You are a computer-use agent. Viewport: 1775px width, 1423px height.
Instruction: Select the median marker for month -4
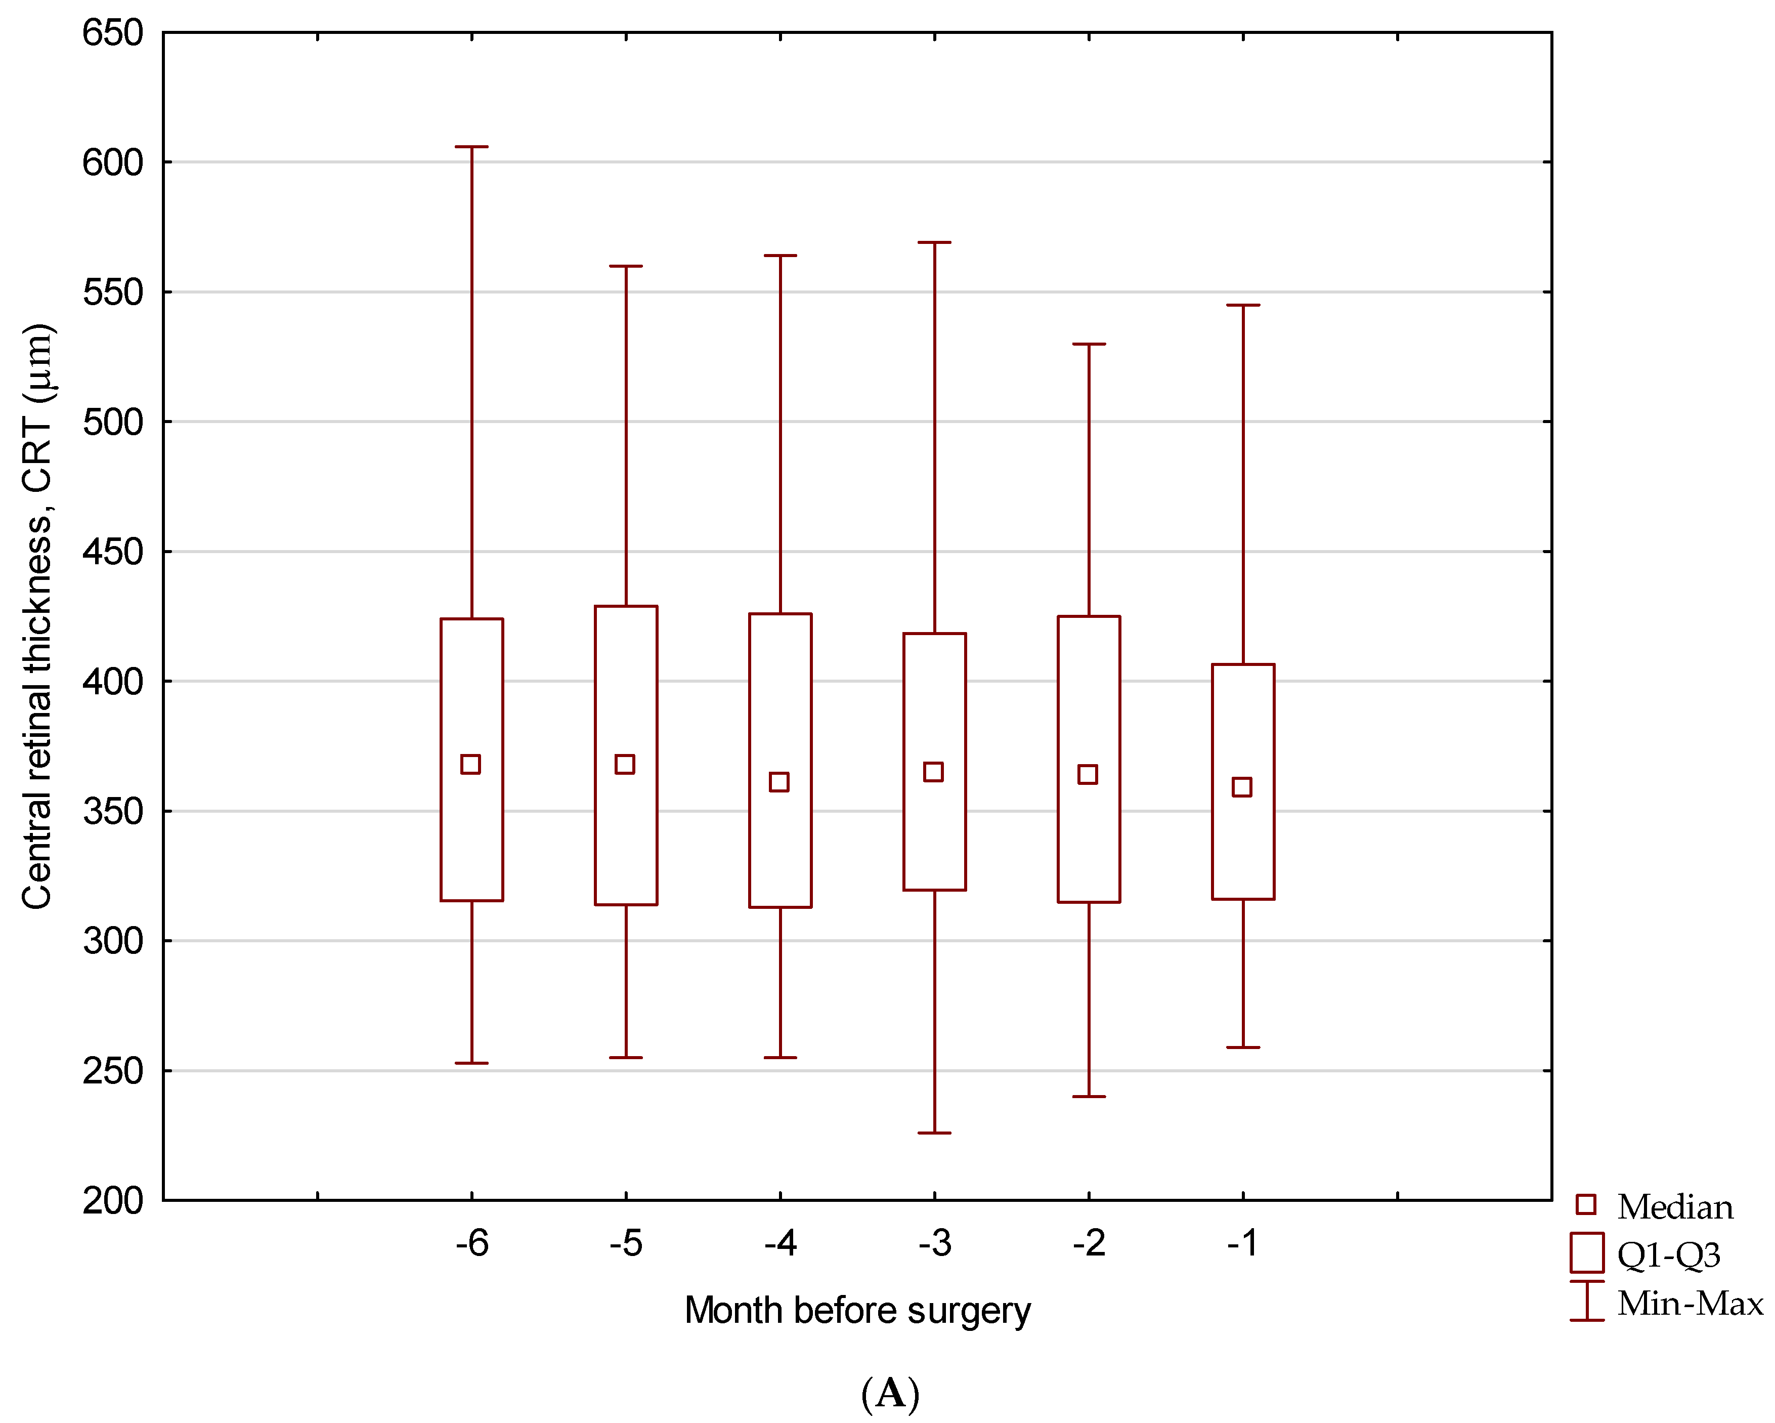point(779,781)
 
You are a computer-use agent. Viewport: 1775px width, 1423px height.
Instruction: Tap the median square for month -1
point(1241,786)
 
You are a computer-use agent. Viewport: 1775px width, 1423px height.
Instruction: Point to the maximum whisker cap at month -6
point(472,147)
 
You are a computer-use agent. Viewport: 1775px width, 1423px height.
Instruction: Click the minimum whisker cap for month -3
point(934,1133)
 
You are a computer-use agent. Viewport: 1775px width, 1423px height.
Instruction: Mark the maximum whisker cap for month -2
point(1089,344)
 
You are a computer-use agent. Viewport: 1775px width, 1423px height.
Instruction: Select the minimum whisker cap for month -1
point(1243,1048)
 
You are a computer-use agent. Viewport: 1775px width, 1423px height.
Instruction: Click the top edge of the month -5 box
point(626,607)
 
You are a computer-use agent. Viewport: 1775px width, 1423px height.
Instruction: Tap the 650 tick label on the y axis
point(113,34)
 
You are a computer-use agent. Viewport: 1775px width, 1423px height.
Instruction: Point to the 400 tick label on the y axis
point(113,682)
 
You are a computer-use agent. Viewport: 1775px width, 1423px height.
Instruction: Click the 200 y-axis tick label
point(113,1201)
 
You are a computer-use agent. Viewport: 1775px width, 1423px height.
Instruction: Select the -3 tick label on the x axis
point(934,1243)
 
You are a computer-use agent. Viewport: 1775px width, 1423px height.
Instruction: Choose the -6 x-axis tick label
point(472,1243)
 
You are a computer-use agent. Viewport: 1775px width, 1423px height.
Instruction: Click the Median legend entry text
point(1674,1208)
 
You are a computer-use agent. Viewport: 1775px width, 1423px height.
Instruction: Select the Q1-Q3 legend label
point(1668,1255)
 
